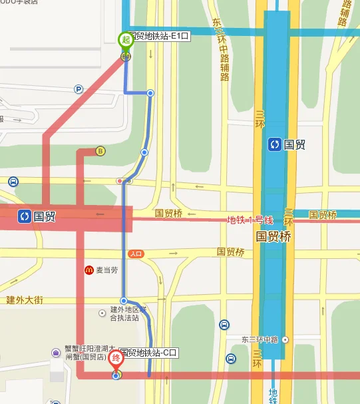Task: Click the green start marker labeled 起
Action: coord(125,40)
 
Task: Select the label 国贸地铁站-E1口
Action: coord(158,36)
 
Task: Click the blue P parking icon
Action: coord(79,89)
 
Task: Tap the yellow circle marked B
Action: coord(100,150)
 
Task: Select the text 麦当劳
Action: coord(106,270)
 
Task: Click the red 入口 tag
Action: coord(136,254)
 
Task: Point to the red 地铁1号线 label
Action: coord(250,220)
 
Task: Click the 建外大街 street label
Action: coord(25,300)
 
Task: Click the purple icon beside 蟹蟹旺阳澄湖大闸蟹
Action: coord(57,352)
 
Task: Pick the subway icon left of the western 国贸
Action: coord(24,216)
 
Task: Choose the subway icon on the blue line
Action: coord(274,144)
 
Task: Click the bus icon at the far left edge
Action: coord(13,182)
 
